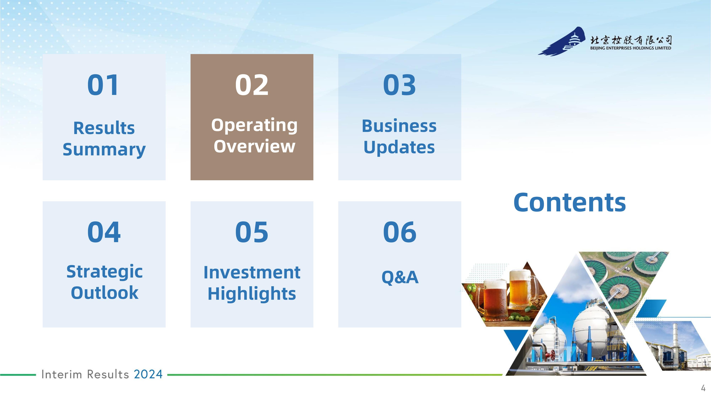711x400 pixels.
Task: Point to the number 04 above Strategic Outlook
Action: (104, 232)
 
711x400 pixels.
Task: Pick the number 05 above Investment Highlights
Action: (252, 232)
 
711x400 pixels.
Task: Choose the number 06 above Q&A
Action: (400, 232)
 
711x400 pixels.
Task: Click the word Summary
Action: (104, 150)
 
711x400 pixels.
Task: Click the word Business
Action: (399, 126)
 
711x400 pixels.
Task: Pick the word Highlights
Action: (252, 294)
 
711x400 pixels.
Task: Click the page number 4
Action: (703, 388)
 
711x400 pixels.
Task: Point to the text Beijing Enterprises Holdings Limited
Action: (631, 48)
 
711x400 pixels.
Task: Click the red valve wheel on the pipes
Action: (551, 356)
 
